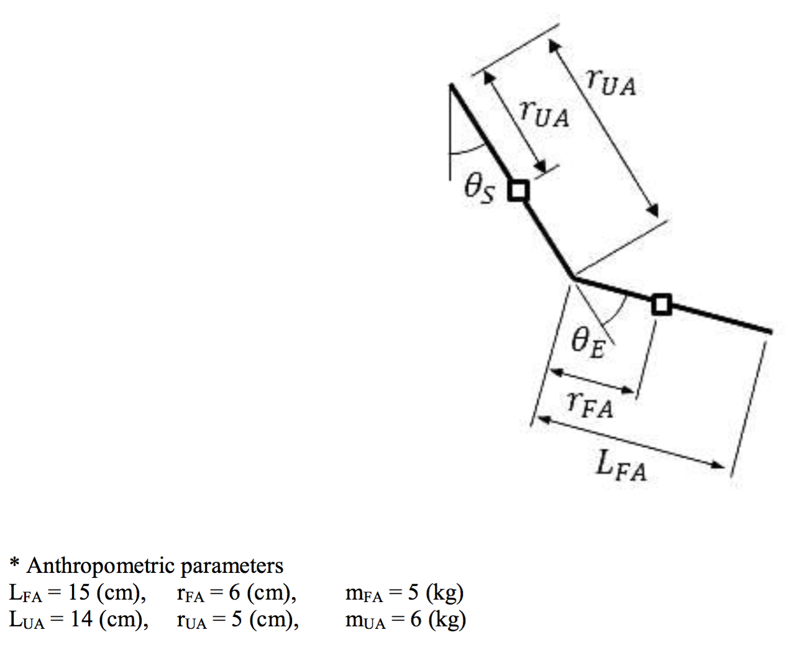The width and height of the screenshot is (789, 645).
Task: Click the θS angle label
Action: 479,190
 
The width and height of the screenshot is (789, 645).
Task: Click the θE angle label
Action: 588,344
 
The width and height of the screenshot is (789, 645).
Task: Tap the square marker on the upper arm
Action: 518,191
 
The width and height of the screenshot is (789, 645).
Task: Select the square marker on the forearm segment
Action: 662,304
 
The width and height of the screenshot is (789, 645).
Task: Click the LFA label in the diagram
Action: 621,466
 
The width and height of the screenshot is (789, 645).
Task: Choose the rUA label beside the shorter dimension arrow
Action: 545,114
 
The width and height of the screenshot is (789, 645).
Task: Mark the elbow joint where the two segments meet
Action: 573,278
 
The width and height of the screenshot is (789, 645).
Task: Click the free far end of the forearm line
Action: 770,332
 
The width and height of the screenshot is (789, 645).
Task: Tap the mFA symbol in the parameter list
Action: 364,595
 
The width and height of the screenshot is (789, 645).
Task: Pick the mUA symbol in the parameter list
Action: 365,621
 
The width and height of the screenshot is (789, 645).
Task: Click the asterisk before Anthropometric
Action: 14,562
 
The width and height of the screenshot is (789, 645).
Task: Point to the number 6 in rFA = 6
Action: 235,592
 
